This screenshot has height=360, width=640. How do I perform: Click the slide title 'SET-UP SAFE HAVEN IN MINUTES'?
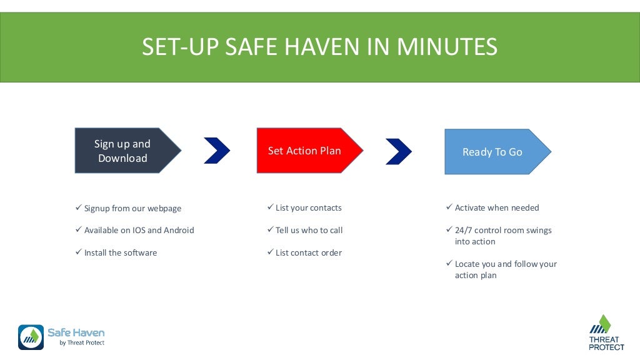click(x=319, y=47)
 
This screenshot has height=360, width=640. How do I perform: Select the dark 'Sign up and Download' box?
click(x=123, y=151)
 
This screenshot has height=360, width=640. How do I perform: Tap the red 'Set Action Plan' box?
click(x=305, y=151)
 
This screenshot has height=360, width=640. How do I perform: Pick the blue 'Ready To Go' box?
click(x=492, y=152)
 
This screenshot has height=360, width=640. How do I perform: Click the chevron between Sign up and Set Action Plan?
click(x=217, y=151)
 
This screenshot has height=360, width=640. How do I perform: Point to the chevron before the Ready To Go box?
click(x=399, y=151)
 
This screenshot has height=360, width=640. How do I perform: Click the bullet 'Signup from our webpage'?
click(x=132, y=208)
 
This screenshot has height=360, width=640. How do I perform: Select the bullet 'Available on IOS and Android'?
click(x=139, y=230)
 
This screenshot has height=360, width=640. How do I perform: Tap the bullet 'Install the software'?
click(x=120, y=252)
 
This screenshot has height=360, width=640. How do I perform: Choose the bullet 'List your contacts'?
click(x=308, y=207)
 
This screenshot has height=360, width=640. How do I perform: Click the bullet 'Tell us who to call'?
click(x=309, y=230)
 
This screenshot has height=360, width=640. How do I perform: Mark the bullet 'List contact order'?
click(x=308, y=252)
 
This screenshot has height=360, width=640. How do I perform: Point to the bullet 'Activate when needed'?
click(x=496, y=207)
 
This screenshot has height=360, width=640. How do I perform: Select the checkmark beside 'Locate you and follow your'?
click(x=449, y=263)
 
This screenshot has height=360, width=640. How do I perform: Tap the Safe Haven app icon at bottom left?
click(x=31, y=337)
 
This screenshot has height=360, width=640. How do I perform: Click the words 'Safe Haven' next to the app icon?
click(x=76, y=332)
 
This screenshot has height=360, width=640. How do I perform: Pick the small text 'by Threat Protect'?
click(x=81, y=343)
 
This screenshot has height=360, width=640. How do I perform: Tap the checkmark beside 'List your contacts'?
click(x=270, y=207)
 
